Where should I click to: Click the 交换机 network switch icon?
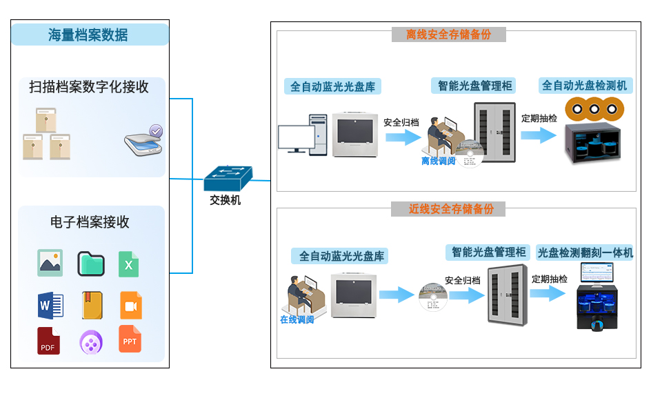click(x=227, y=179)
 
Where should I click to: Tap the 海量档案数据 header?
click(x=89, y=35)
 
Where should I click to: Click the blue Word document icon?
click(x=50, y=304)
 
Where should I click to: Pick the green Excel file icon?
click(x=128, y=264)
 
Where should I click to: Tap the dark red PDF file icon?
click(x=48, y=341)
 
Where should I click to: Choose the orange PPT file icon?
click(x=130, y=339)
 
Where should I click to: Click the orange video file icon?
click(x=130, y=305)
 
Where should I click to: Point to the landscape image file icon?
click(x=50, y=263)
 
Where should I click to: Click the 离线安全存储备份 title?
click(x=448, y=34)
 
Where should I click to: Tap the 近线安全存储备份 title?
click(x=448, y=208)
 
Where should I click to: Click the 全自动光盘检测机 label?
click(x=585, y=86)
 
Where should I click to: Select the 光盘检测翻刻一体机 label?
click(x=585, y=253)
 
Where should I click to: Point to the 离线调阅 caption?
click(x=438, y=161)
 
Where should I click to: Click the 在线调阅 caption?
click(x=297, y=320)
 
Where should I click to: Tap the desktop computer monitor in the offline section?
click(x=296, y=137)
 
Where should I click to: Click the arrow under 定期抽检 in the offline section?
click(x=539, y=135)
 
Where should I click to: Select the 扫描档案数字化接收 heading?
click(x=89, y=87)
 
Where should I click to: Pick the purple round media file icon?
click(x=90, y=341)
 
